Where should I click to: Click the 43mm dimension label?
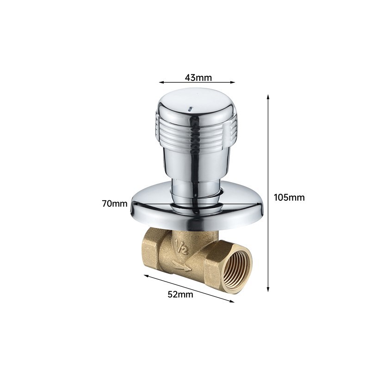pos(198,77)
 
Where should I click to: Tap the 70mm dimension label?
pos(115,203)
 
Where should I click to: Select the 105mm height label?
pos(289,197)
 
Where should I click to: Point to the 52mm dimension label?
pos(180,295)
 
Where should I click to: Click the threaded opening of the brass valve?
pos(237,268)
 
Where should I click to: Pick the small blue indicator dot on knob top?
pos(190,109)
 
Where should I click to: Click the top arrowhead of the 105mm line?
pos(268,97)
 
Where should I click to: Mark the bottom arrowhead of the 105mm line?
pos(268,289)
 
